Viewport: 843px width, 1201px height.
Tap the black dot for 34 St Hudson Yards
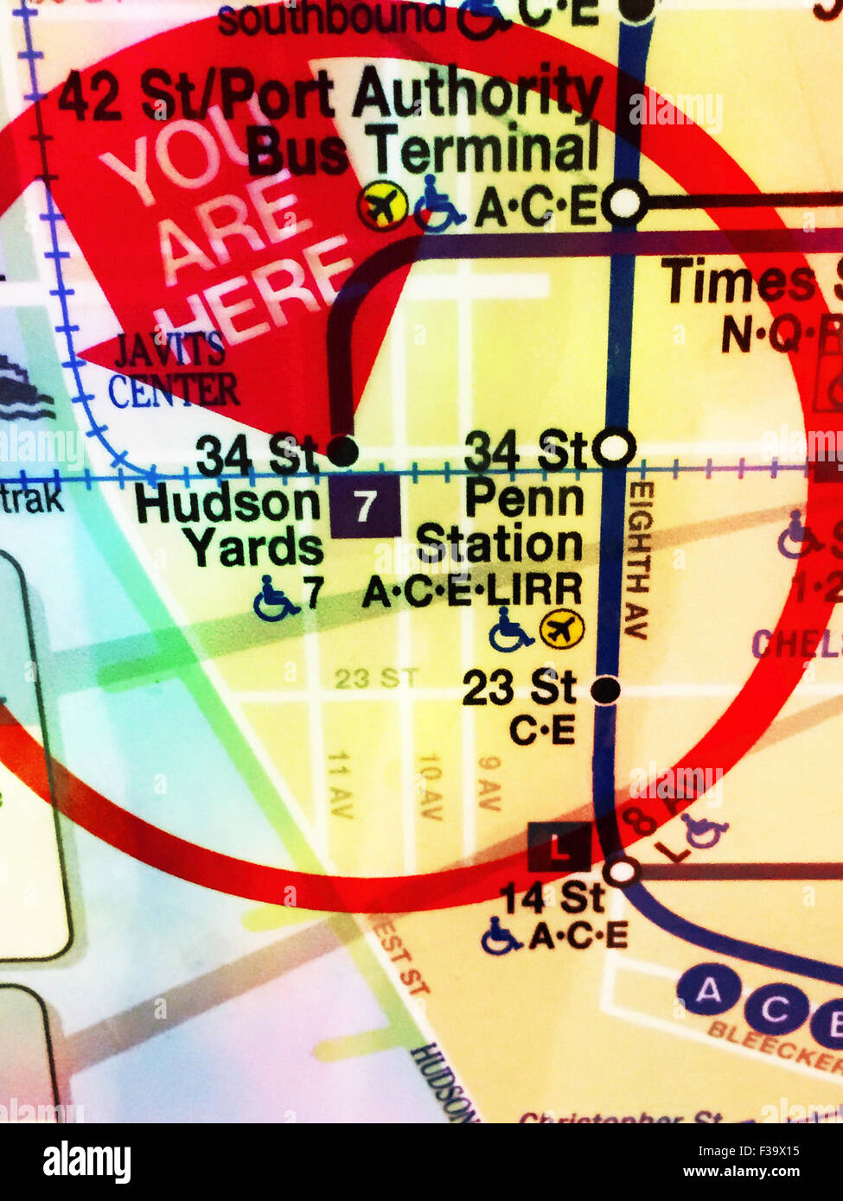click(x=342, y=450)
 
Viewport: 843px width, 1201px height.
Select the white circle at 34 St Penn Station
click(x=616, y=448)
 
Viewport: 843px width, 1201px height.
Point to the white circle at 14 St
click(x=621, y=871)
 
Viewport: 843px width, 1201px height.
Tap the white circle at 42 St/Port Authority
click(x=623, y=206)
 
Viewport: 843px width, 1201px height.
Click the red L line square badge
click(x=560, y=847)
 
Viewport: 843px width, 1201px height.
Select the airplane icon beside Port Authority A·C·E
click(x=383, y=206)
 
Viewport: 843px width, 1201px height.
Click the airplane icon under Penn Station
click(x=562, y=629)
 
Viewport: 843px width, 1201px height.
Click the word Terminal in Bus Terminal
click(x=485, y=150)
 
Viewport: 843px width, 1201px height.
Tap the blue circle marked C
click(x=775, y=1007)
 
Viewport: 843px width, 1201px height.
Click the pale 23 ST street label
click(x=376, y=677)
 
